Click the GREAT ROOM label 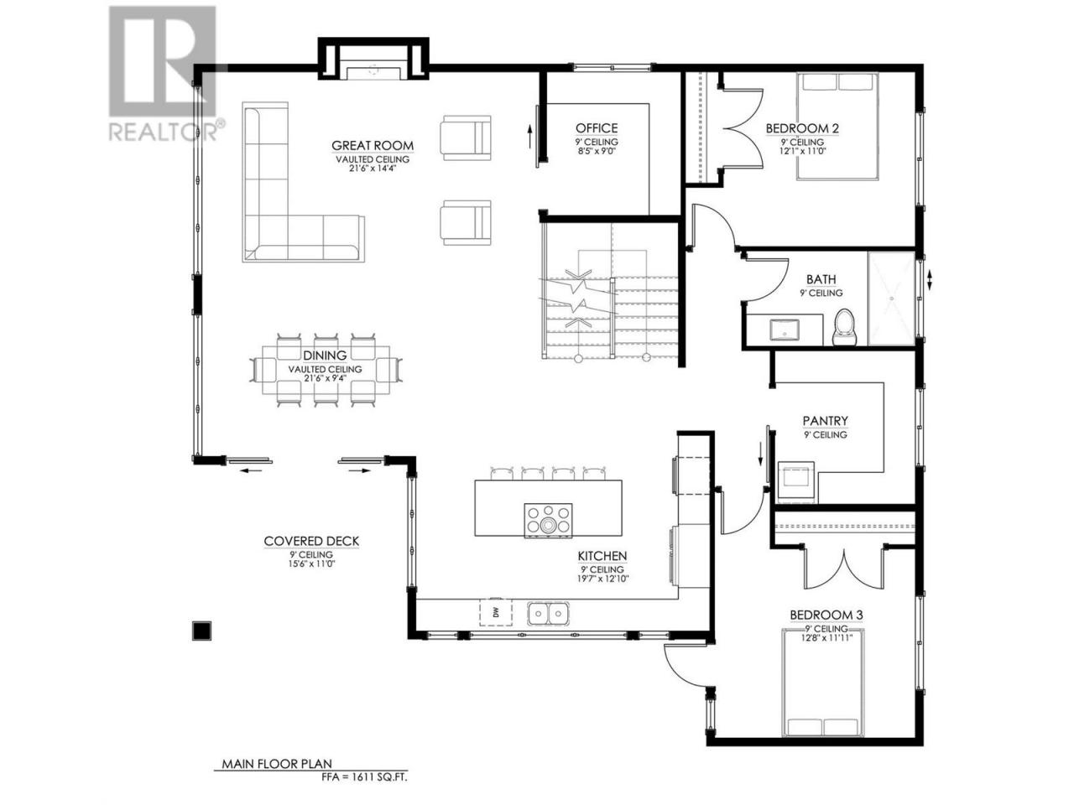pos(373,145)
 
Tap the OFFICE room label pos(597,128)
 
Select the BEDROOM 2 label pos(802,128)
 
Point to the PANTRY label pos(825,420)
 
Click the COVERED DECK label pos(311,541)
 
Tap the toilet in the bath pos(845,327)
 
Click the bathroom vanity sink pos(785,330)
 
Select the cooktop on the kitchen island pos(548,520)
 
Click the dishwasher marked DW pos(495,612)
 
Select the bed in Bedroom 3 pos(823,684)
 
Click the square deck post pos(201,631)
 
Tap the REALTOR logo pos(163,73)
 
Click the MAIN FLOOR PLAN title pos(277,763)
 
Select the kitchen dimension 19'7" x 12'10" pos(602,579)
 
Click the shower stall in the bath pos(891,299)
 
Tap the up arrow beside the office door pos(529,137)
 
